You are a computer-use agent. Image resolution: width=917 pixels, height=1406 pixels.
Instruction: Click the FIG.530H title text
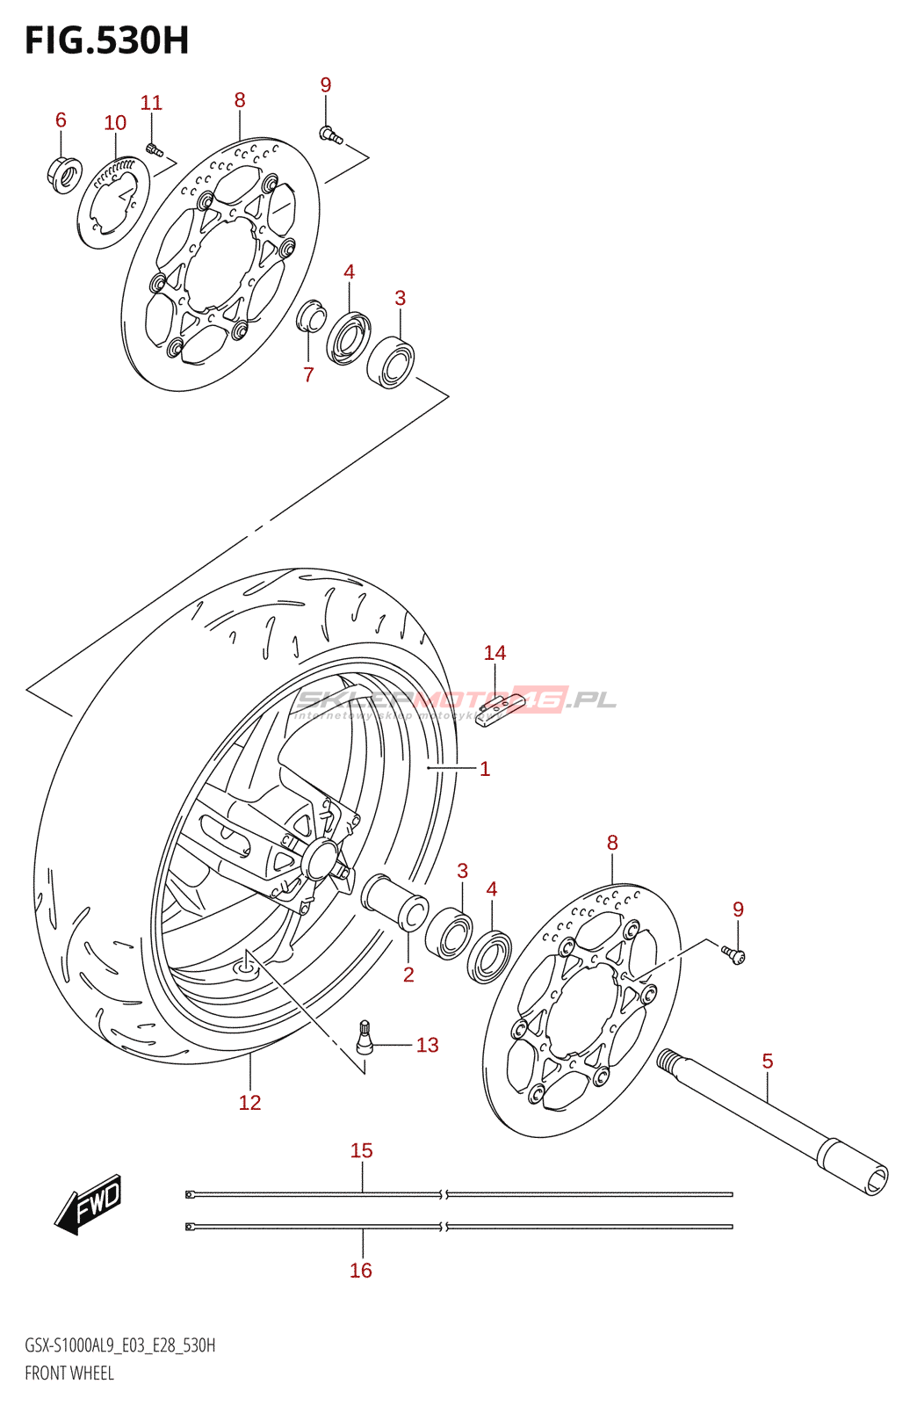tap(106, 41)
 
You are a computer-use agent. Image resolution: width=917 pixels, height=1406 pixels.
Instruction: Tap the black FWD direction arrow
tap(89, 1204)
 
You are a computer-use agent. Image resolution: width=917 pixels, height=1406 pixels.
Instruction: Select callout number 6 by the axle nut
tap(61, 120)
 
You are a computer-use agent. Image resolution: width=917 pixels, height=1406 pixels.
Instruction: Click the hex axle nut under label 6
tap(64, 173)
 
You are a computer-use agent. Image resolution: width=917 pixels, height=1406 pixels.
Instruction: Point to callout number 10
tap(115, 123)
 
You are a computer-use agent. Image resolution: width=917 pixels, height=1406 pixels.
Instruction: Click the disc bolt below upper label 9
tap(330, 134)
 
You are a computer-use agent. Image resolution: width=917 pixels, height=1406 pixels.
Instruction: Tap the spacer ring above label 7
tap(311, 316)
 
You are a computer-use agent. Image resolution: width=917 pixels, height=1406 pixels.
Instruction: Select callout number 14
tap(495, 653)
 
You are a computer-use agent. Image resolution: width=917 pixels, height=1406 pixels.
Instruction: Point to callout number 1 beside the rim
tap(485, 769)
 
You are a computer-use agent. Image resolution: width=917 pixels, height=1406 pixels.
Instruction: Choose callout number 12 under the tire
tap(249, 1102)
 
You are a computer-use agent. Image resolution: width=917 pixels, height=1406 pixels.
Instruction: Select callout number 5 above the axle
tap(768, 1061)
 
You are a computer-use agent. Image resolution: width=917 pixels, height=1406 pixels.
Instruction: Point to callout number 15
tap(361, 1150)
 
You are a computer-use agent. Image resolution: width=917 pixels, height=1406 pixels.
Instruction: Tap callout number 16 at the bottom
tap(361, 1270)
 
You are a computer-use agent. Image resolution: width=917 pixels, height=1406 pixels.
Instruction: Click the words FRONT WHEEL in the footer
tap(69, 1373)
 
